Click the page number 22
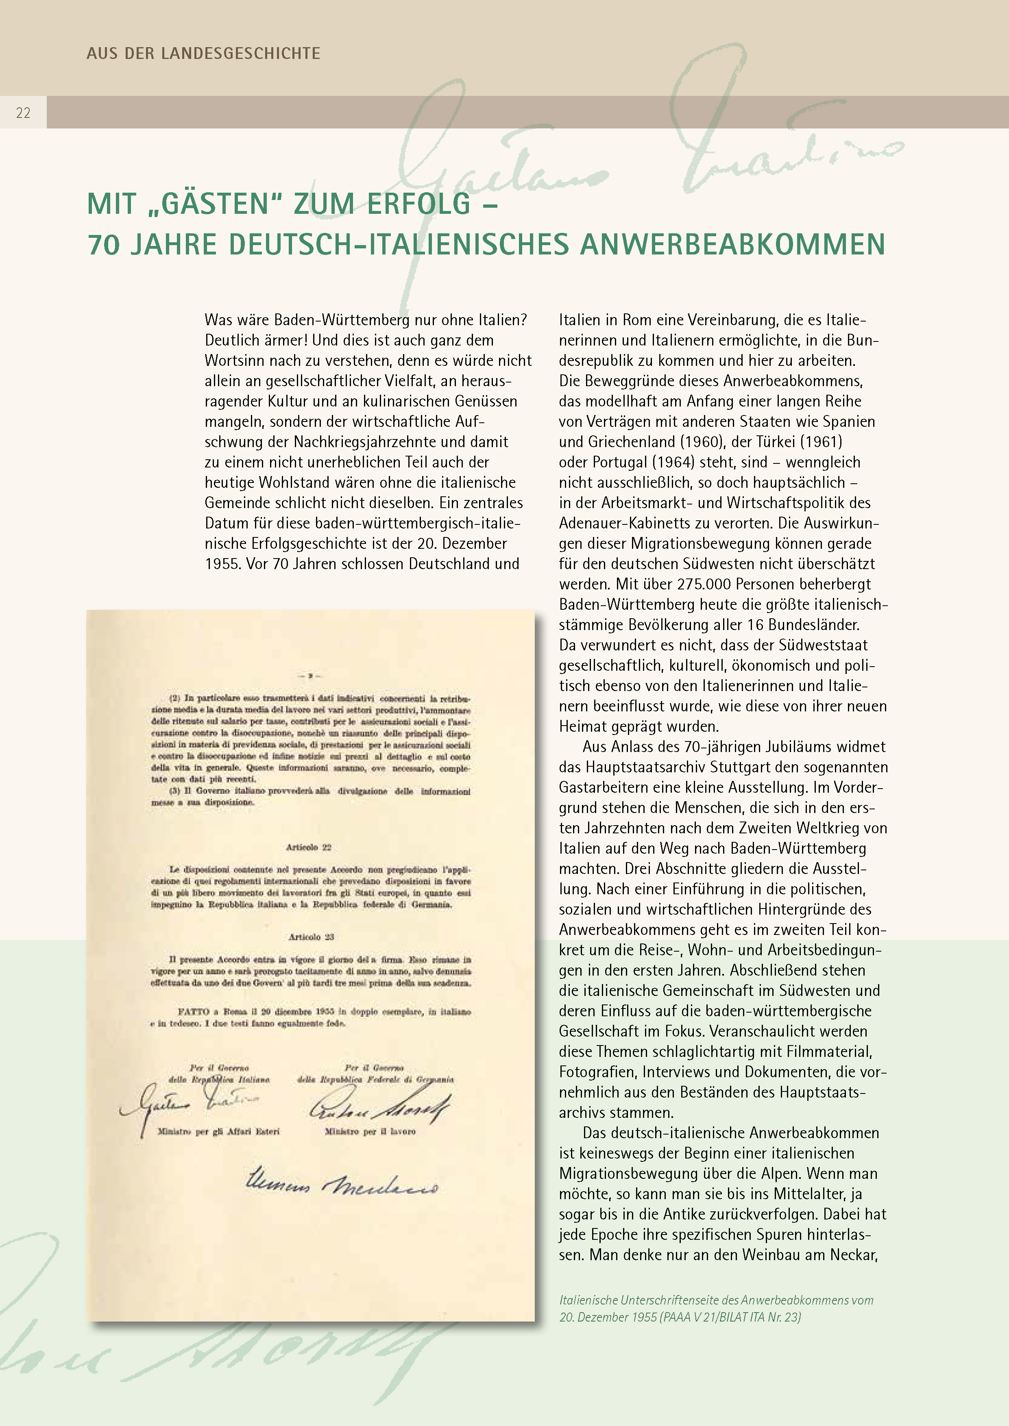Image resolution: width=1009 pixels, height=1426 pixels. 23,113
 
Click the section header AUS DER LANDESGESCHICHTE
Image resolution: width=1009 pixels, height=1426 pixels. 203,53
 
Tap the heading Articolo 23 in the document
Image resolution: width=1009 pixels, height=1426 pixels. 311,937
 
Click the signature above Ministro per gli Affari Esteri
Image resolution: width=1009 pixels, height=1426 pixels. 186,1105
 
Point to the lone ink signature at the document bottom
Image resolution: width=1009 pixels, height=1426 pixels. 342,1180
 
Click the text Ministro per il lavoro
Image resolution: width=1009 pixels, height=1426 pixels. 370,1132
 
